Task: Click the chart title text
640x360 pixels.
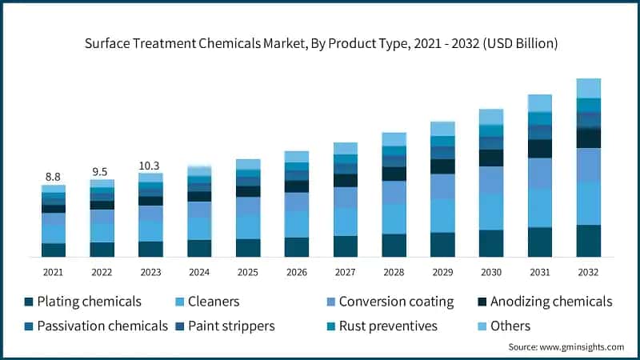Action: point(320,43)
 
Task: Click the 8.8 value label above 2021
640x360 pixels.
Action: point(53,177)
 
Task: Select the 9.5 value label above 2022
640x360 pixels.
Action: point(102,170)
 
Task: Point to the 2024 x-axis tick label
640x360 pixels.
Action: point(199,273)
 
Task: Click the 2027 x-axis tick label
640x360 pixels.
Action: point(345,273)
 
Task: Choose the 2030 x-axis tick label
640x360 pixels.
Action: point(491,273)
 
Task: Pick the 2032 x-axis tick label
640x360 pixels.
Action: point(589,273)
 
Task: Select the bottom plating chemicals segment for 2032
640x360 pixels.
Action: point(589,241)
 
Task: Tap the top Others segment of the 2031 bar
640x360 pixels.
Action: point(540,102)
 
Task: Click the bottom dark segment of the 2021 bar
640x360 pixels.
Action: point(53,250)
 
